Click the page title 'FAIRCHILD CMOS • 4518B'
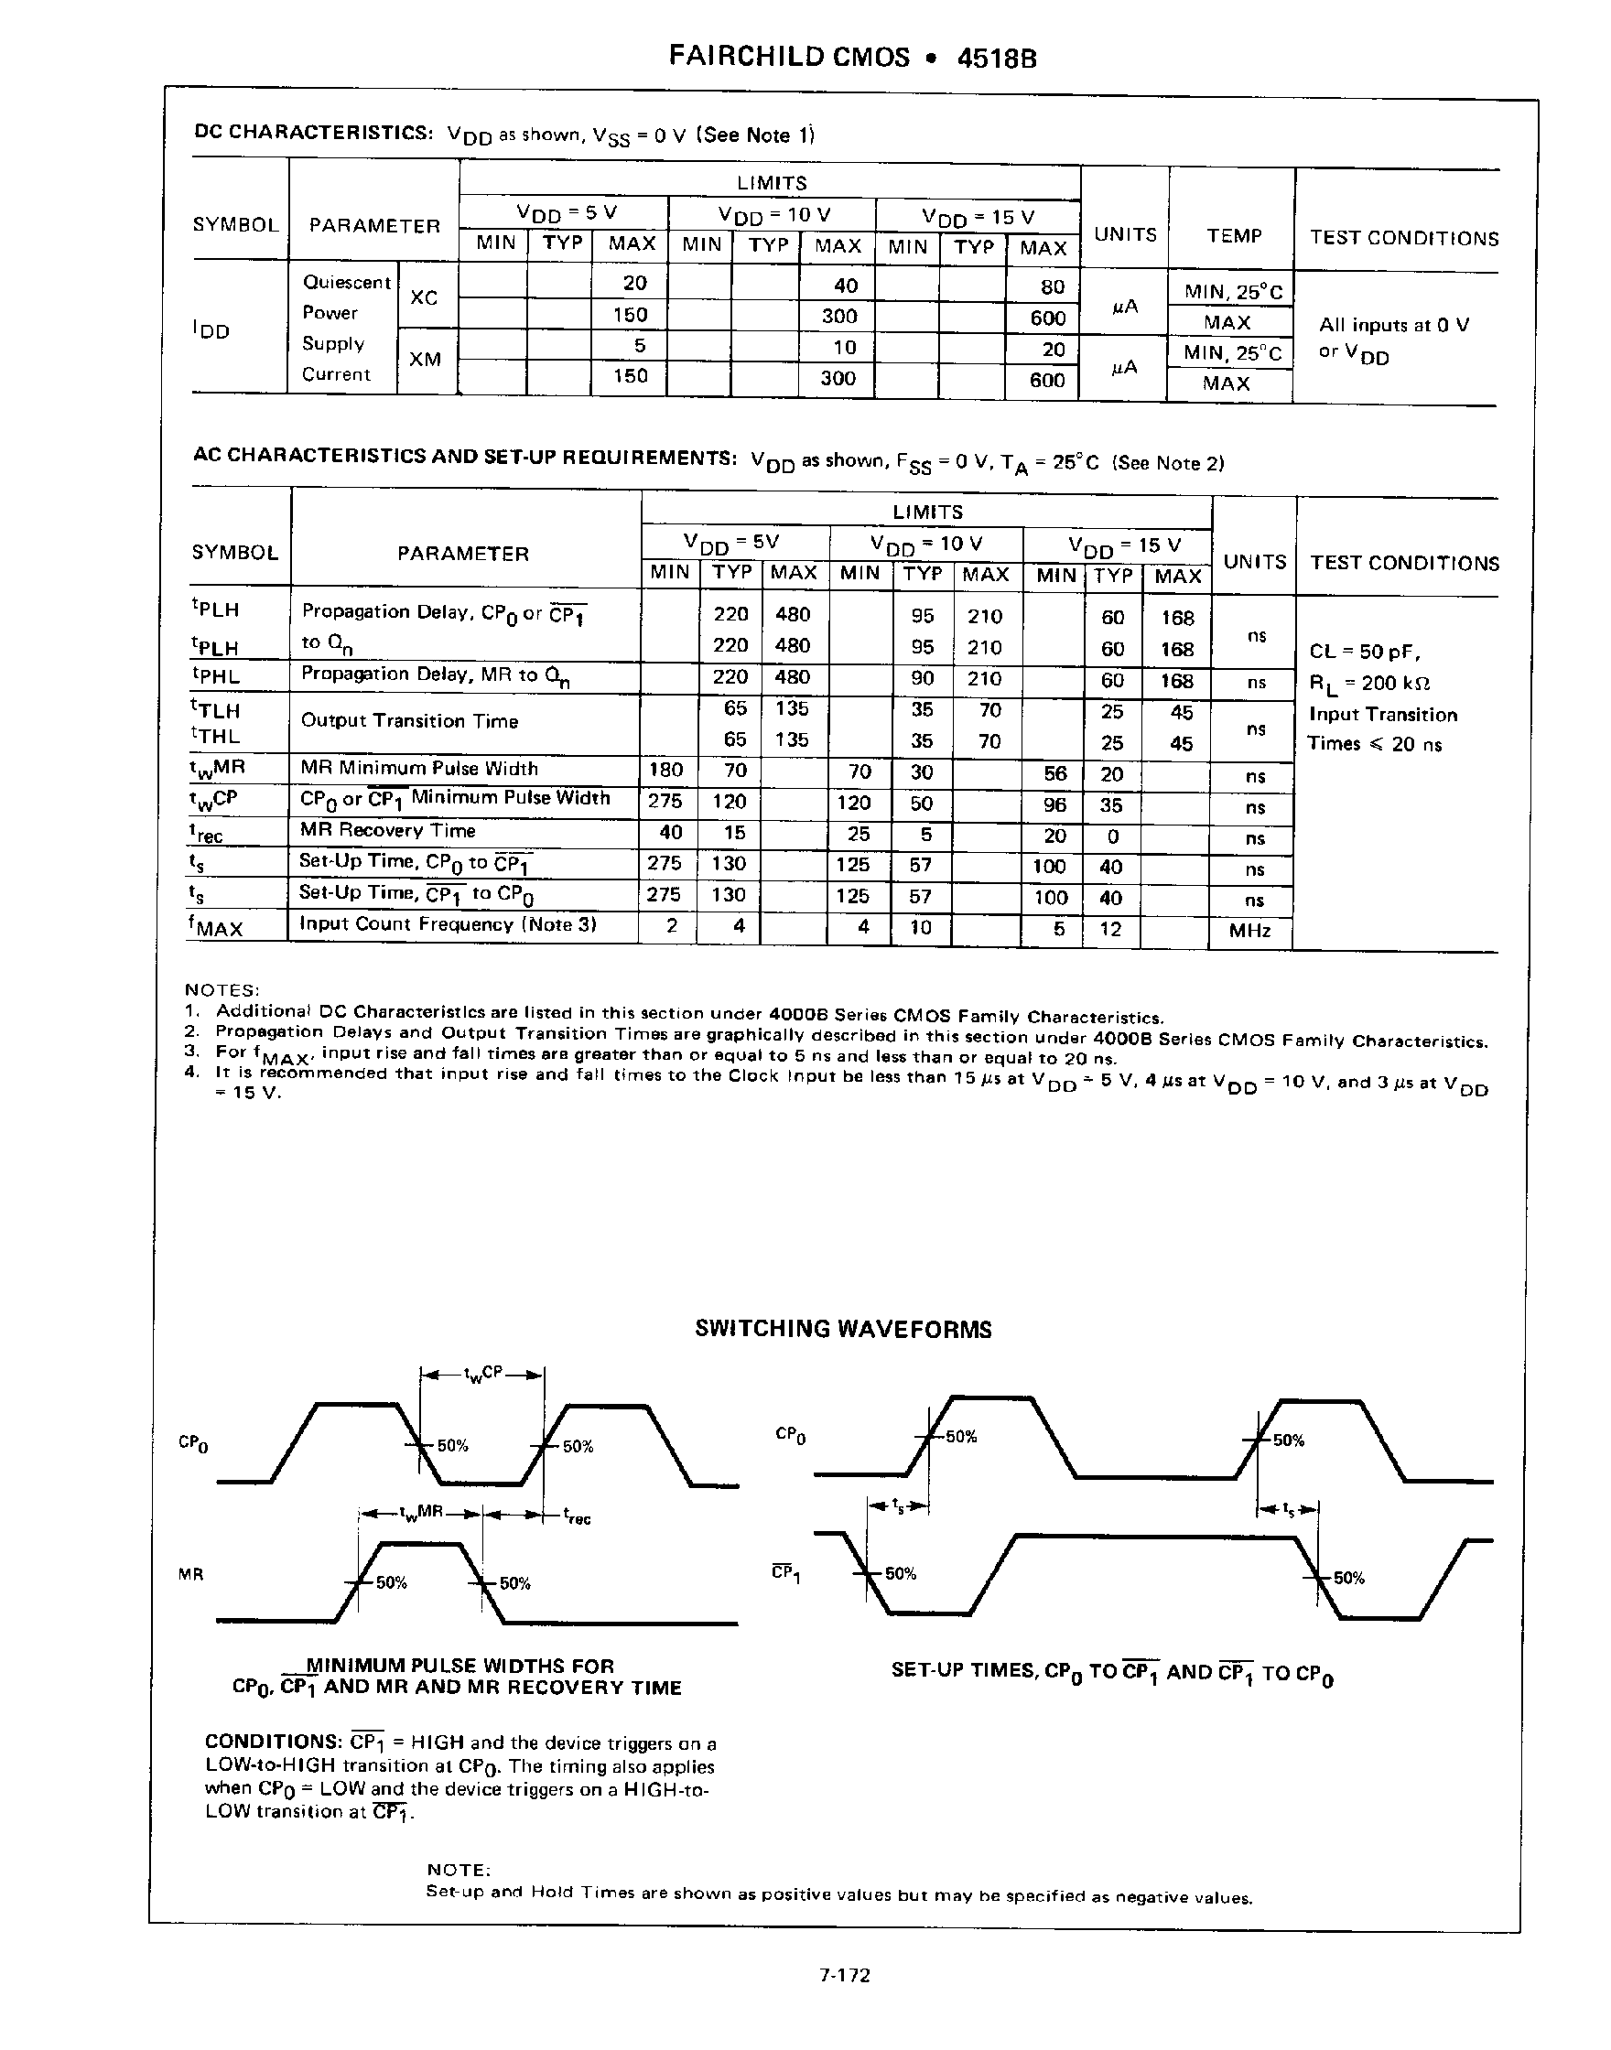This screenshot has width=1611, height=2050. (x=853, y=58)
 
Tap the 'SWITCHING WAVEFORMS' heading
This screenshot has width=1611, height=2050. (x=843, y=1329)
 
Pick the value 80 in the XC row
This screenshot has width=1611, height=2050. (x=1053, y=286)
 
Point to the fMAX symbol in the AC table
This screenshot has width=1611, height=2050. (x=216, y=927)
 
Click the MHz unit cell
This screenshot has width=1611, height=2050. (x=1249, y=931)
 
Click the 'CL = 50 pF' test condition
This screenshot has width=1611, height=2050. (x=1365, y=652)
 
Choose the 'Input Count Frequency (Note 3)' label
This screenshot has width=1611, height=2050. (x=448, y=924)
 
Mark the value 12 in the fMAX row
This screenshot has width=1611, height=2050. (x=1111, y=929)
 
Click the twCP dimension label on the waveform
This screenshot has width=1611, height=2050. (x=483, y=1376)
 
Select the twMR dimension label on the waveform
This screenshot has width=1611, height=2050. (x=420, y=1514)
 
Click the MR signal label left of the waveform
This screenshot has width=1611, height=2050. (x=190, y=1574)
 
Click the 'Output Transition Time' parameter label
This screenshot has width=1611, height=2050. (x=409, y=721)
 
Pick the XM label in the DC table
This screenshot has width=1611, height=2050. (x=425, y=360)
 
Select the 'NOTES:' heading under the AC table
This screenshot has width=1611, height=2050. (x=222, y=990)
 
